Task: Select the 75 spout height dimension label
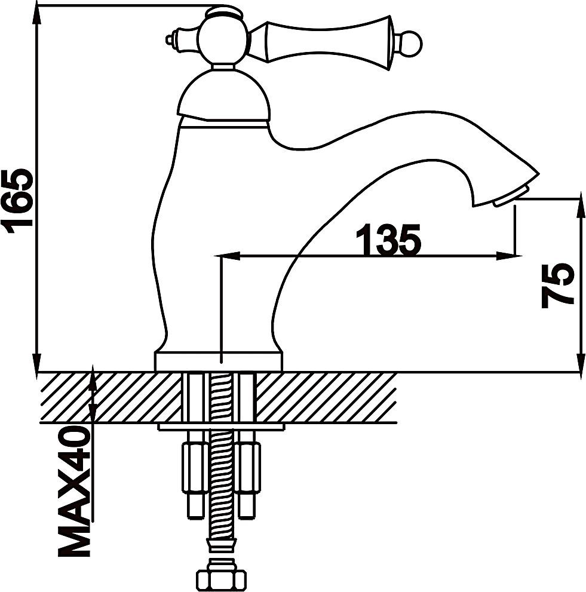point(558,285)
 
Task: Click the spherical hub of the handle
point(223,41)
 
